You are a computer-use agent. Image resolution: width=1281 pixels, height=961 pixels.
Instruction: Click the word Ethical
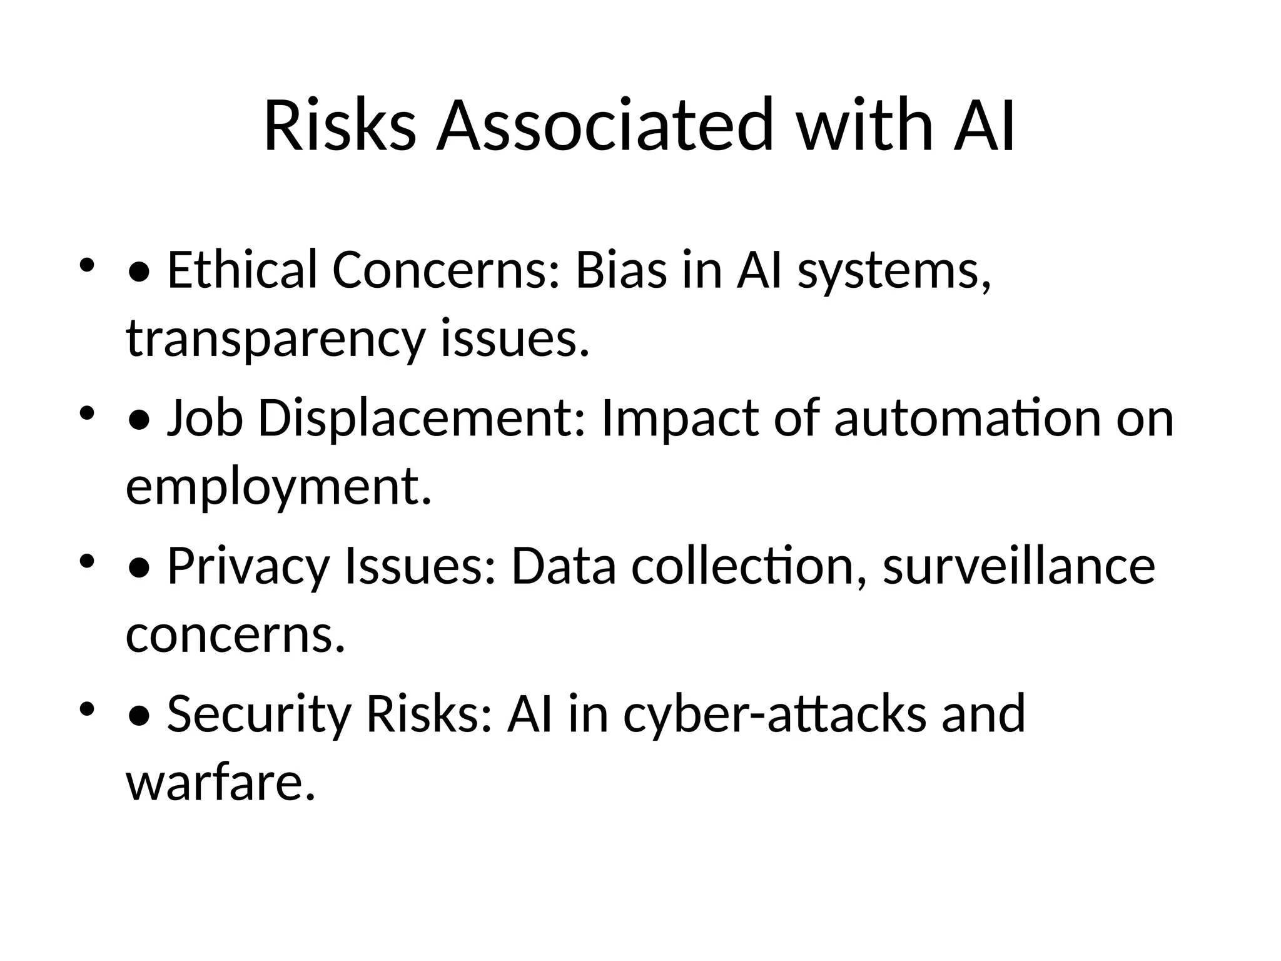[x=242, y=270]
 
